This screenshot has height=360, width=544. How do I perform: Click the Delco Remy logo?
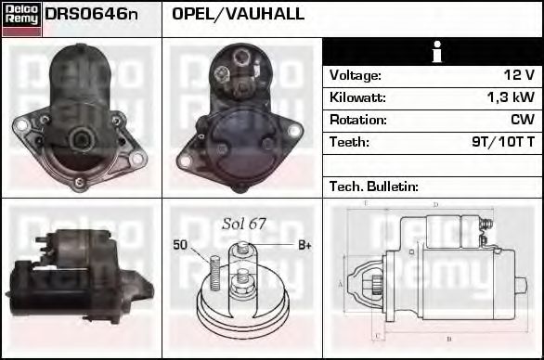pyautogui.click(x=20, y=18)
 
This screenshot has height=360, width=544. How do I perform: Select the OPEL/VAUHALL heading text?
pyautogui.click(x=239, y=15)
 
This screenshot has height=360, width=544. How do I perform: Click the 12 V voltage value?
pyautogui.click(x=519, y=75)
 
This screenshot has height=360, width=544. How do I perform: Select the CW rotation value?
pyautogui.click(x=522, y=120)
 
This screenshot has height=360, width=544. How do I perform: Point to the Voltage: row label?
pyautogui.click(x=356, y=75)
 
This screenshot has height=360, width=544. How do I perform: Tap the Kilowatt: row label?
pyautogui.click(x=358, y=97)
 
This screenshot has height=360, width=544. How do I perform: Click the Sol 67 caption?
pyautogui.click(x=244, y=223)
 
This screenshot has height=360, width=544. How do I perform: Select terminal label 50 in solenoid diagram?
pyautogui.click(x=180, y=245)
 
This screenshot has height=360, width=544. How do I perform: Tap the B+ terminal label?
pyautogui.click(x=304, y=245)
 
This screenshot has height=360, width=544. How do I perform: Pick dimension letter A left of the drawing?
pyautogui.click(x=341, y=283)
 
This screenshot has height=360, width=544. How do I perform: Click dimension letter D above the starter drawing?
pyautogui.click(x=435, y=205)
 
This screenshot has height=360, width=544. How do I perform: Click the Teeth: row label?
pyautogui.click(x=349, y=142)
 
